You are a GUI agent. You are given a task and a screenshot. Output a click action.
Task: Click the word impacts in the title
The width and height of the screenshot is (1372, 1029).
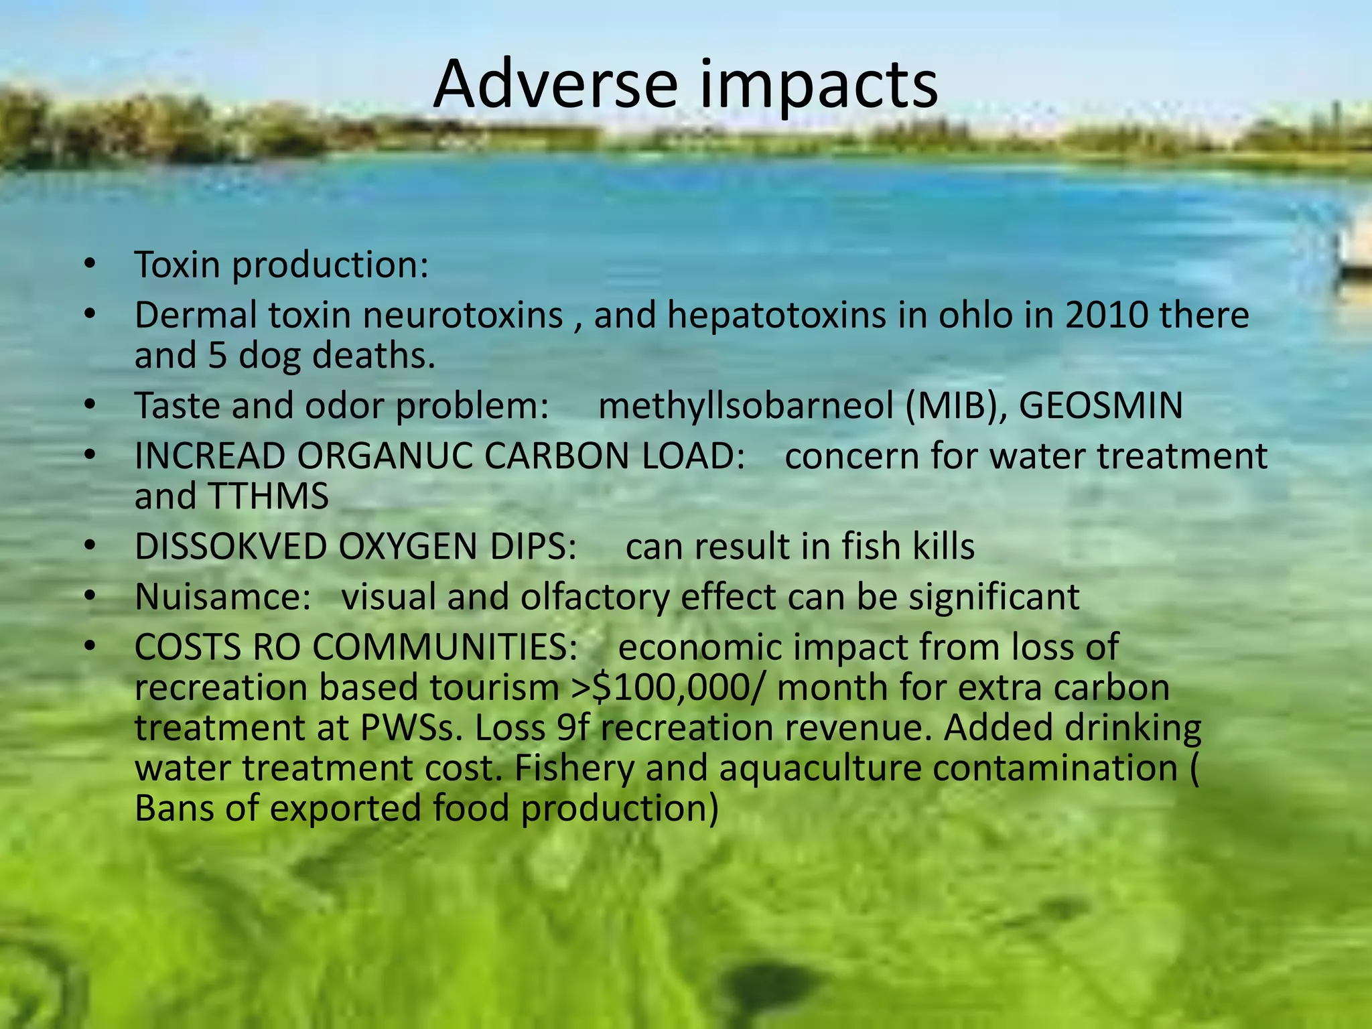(x=815, y=85)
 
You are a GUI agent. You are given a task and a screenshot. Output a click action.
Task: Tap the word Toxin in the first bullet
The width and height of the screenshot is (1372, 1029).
(x=177, y=265)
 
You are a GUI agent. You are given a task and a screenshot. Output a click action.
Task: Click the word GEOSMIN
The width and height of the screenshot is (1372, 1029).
(x=1101, y=406)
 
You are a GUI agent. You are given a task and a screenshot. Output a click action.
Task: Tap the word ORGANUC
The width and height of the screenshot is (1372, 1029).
(x=385, y=457)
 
